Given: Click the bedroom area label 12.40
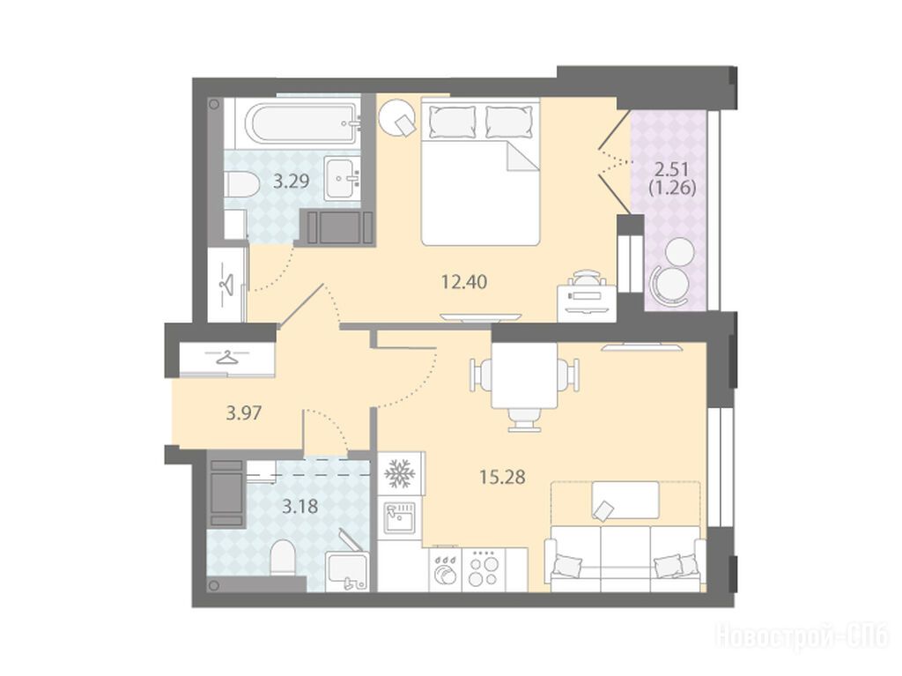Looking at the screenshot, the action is pos(464,281).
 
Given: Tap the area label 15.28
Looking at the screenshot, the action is pos(502,477).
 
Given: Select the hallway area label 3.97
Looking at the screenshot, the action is pos(244,412).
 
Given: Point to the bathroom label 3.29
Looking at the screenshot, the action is pos(291,182).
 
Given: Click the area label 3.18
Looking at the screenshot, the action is pos(299,507).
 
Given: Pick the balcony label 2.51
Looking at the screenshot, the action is pos(672,169).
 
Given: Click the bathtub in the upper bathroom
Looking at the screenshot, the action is pos(303,123).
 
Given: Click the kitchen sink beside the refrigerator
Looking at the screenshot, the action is pos(399,516).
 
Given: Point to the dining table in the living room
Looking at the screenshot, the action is pos(524,375).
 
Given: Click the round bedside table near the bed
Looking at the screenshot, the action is pos(396,117).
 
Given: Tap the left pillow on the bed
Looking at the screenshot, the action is pos(453,122).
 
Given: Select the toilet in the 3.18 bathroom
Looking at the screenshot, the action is pos(283,555).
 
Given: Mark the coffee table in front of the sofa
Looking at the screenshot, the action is pos(625,501).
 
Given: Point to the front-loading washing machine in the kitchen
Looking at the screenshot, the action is pos(445,568).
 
